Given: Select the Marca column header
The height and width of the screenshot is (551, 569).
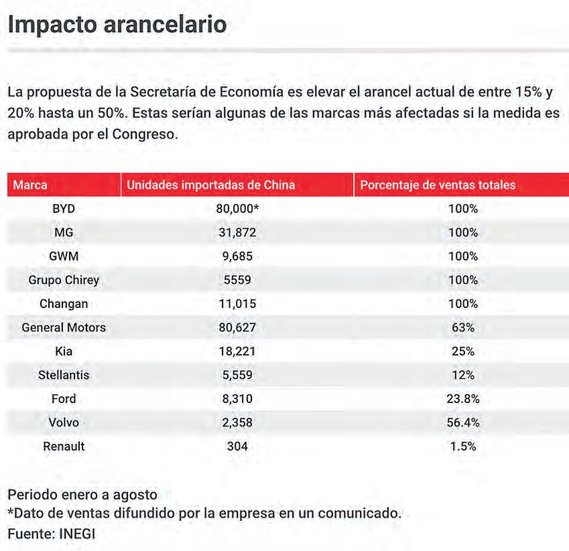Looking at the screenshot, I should coord(30,185).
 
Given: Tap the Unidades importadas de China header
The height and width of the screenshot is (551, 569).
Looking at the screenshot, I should coord(211,185).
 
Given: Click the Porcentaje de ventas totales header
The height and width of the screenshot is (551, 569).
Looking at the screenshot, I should coord(438,185).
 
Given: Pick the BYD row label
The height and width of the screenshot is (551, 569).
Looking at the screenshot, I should coord(64,209).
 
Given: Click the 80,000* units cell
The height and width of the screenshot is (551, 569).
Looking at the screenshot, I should coord(237,209).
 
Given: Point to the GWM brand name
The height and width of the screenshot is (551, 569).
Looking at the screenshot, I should coord(64,256).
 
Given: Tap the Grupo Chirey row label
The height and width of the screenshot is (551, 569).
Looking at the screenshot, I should coord(64,280).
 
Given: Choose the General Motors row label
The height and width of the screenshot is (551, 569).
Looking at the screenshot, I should coord(64,328).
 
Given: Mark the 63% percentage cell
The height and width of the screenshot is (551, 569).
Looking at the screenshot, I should coord(462,328).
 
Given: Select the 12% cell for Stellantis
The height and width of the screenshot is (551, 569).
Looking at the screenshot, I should coord(462,375).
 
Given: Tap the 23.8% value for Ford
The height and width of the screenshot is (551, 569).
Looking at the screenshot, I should coord(462,399).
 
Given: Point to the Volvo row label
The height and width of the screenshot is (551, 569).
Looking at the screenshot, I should coord(64,422).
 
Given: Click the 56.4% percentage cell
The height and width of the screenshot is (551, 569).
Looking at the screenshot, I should coord(462,422).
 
